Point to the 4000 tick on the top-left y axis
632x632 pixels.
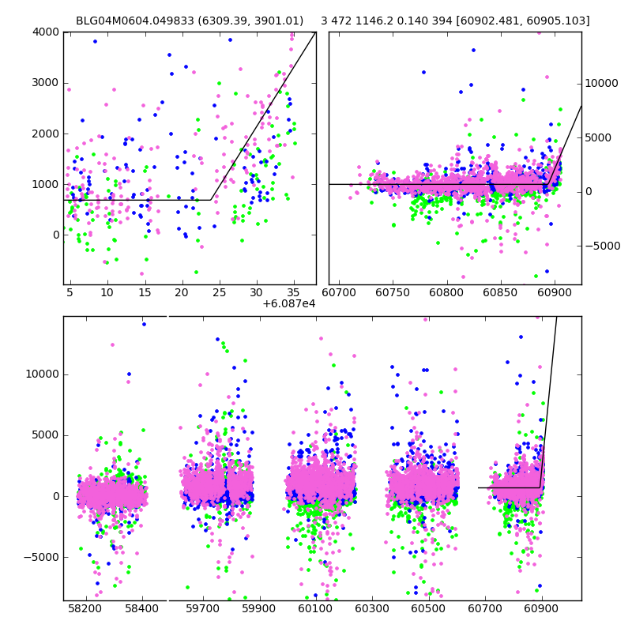tap(46, 32)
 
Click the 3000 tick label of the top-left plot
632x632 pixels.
tap(46, 83)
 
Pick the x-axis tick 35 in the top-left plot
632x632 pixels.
tap(294, 292)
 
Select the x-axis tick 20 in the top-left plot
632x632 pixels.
tap(182, 292)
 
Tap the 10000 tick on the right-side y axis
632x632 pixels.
tap(602, 83)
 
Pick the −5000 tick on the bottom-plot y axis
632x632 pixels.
tap(43, 557)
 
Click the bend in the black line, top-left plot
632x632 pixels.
tap(211, 200)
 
